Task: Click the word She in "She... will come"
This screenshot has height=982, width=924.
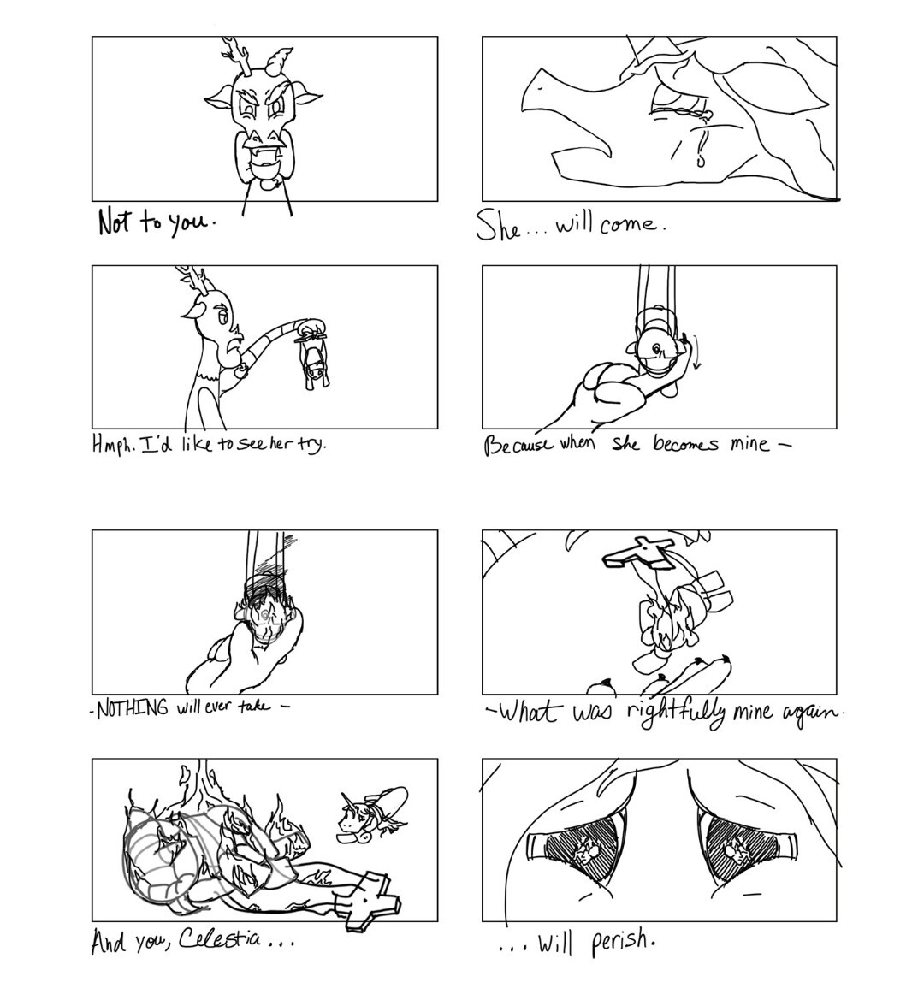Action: [x=498, y=226]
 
